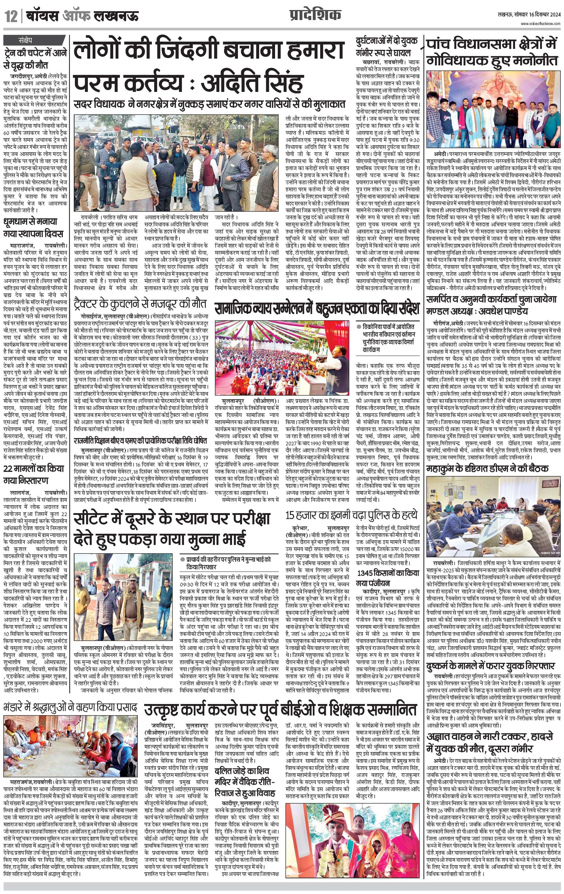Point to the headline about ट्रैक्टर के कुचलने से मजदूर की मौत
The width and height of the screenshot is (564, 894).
pyautogui.click(x=140, y=303)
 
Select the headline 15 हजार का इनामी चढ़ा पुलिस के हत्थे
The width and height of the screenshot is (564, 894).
pyautogui.click(x=351, y=515)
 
